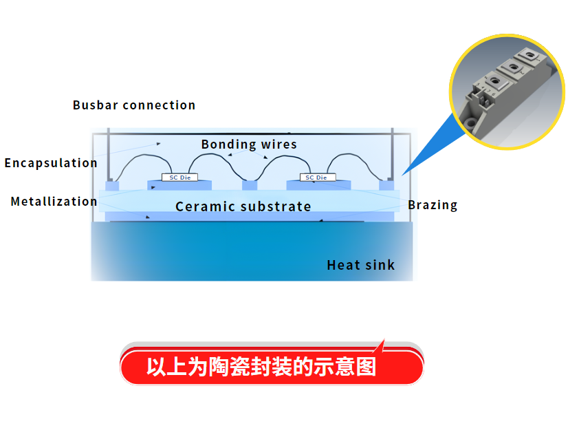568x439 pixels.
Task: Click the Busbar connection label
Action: tap(134, 105)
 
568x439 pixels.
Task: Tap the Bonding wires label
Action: tap(249, 144)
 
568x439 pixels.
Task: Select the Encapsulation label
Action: tap(51, 163)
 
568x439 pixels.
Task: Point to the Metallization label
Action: tap(54, 202)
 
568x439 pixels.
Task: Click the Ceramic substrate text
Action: tap(243, 206)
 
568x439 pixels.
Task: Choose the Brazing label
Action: tap(433, 205)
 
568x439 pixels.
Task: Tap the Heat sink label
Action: tap(361, 265)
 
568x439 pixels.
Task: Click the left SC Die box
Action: tap(179, 178)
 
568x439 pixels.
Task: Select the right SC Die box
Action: tap(318, 178)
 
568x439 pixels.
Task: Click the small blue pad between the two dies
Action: tap(250, 186)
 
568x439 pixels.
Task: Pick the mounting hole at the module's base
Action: tap(471, 122)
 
